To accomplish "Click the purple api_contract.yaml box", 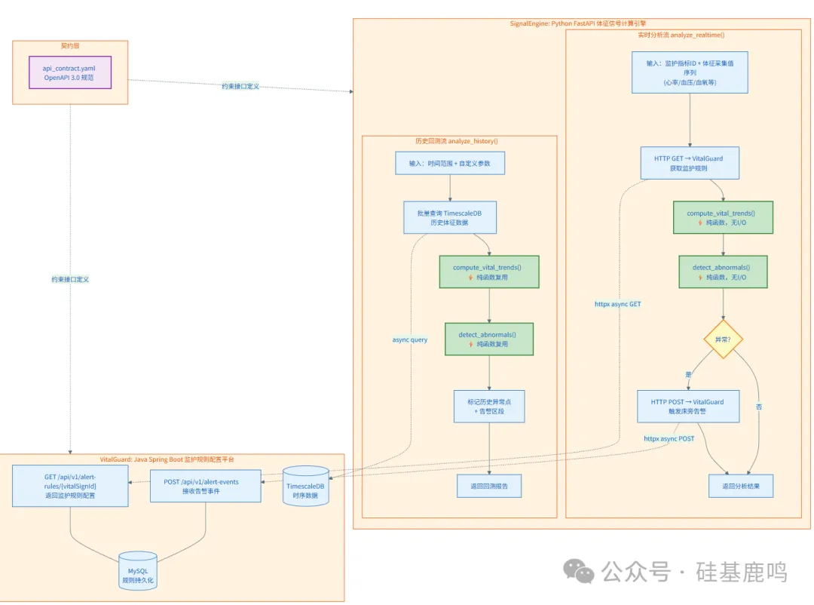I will coord(69,72).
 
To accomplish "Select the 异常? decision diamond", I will coord(724,339).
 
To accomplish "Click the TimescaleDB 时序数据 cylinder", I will coord(305,487).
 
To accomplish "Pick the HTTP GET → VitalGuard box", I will coord(690,163).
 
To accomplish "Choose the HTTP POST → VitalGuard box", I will coord(687,407).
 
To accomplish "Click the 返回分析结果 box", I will coord(740,487).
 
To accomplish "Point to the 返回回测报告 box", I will coord(489,487).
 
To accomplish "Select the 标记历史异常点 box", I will coord(489,406).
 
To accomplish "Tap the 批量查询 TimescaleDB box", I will coord(450,217).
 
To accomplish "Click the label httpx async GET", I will coord(618,304).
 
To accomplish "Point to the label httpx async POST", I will coord(669,438).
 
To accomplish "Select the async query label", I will coord(410,339).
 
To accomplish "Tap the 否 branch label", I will coord(758,407).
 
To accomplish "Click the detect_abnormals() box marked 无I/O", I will coord(724,272).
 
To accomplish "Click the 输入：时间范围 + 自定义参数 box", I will coord(449,163).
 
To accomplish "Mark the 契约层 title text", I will coord(69,46).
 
